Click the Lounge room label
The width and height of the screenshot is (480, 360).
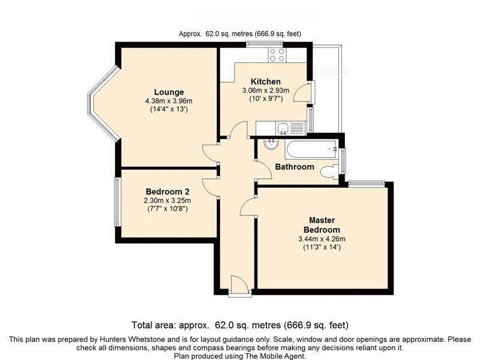click(169, 92)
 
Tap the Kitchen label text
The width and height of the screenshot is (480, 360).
click(265, 82)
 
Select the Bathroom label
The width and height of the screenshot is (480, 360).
click(295, 167)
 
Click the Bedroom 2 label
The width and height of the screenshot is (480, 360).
click(167, 191)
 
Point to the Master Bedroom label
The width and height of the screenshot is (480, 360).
click(322, 225)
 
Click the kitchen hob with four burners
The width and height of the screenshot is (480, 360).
click(277, 55)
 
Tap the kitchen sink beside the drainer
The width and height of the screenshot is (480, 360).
click(283, 128)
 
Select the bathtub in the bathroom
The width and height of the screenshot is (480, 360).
click(311, 149)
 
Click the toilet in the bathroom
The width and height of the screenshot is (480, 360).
click(329, 172)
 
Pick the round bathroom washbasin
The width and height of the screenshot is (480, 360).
click(271, 145)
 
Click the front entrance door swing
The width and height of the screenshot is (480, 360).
click(239, 283)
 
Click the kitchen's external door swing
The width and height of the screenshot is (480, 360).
click(302, 93)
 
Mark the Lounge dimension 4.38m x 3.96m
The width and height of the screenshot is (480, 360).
click(169, 101)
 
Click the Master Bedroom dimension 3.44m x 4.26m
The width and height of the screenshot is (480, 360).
click(322, 239)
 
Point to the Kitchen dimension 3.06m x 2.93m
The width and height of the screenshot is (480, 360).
click(266, 91)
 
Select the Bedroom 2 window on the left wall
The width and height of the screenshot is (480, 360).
click(117, 202)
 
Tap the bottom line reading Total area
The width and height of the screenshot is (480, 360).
click(240, 325)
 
